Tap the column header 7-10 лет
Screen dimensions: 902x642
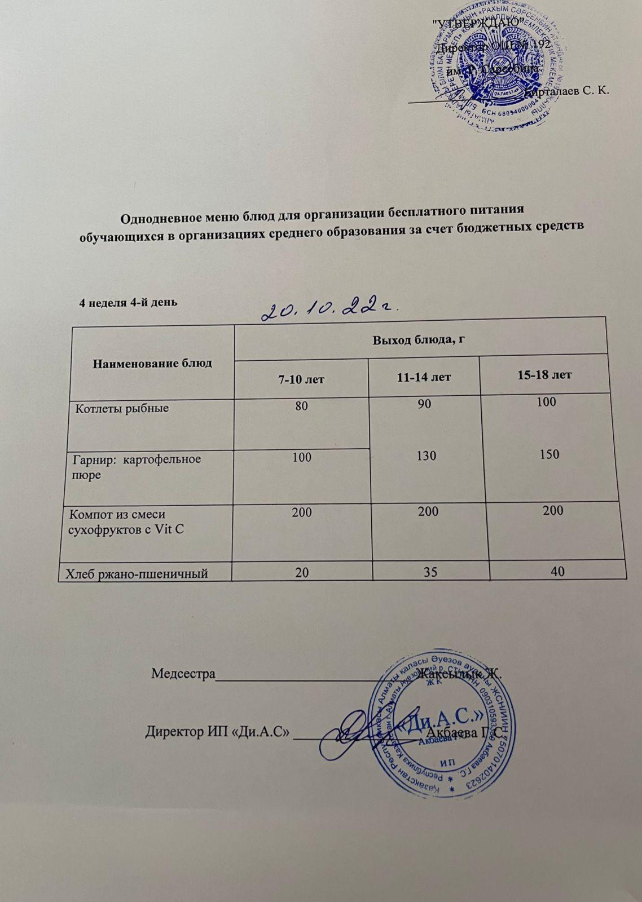point(302,379)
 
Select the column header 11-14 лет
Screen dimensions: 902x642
point(424,377)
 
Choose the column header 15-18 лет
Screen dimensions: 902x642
point(544,375)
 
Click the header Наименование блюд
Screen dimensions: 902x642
point(152,362)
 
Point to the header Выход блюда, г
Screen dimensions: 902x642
point(418,340)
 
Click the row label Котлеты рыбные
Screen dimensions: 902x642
point(122,408)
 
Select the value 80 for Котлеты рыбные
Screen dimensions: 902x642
point(301,405)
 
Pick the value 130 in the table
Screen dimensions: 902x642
point(426,455)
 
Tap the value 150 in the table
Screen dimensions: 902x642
point(549,454)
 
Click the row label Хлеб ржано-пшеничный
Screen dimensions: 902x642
point(137,574)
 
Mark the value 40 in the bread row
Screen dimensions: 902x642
point(558,572)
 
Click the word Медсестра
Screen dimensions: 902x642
point(183,674)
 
